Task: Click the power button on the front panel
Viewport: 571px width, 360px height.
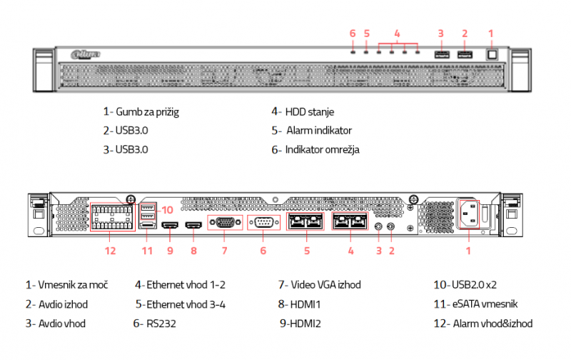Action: pos(491,54)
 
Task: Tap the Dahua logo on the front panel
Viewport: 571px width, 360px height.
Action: pos(86,54)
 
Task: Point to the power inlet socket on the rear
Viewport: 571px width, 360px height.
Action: pos(468,212)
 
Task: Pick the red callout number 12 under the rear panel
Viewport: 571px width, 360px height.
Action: pos(110,251)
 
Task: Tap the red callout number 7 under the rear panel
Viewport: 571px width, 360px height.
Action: pos(223,251)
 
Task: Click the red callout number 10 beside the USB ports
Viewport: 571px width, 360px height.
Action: pos(167,209)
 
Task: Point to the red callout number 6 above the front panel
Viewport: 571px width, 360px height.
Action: pos(353,33)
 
